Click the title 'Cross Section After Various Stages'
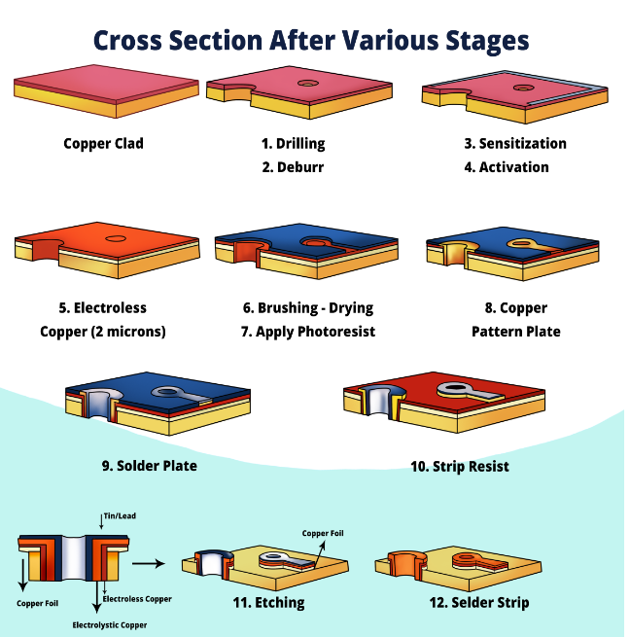311,40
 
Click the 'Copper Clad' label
103,144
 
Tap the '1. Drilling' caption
293,144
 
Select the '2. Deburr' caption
293,166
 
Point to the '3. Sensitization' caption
514,144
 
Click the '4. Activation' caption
506,166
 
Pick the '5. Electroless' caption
103,308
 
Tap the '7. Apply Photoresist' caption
308,332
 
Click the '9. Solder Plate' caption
150,465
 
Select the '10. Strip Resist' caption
459,466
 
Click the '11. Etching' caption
267,602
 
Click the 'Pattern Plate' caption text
515,332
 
